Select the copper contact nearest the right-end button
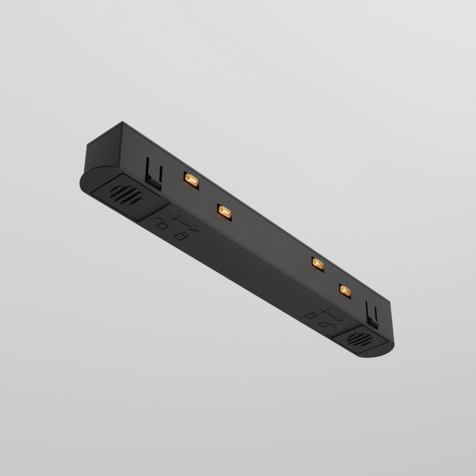pos(345,291)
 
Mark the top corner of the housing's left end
pos(123,123)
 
